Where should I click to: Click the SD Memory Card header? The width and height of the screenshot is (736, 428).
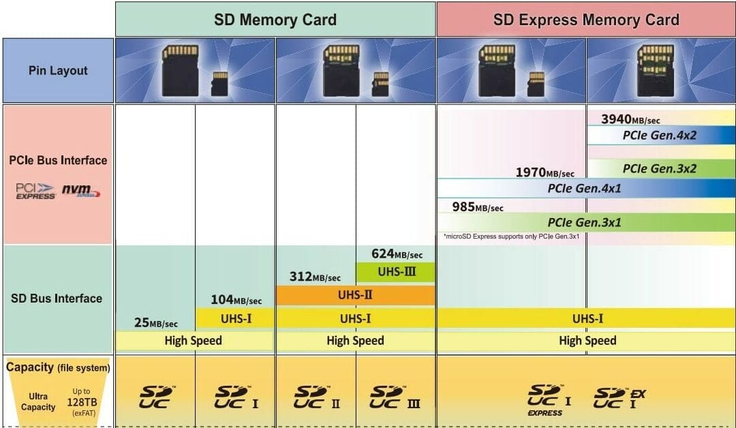(275, 19)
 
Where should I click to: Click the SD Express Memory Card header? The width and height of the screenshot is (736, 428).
(586, 19)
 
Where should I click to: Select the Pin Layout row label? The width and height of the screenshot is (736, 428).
(58, 70)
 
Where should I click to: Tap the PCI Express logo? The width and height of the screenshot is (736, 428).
(35, 192)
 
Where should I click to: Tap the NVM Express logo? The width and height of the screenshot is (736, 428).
(80, 191)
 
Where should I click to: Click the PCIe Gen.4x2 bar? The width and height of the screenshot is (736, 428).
(660, 135)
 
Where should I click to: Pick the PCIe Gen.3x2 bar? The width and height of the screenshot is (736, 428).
(660, 168)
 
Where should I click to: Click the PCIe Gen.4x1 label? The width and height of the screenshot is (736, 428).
(585, 188)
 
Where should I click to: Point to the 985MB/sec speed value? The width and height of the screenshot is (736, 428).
(477, 207)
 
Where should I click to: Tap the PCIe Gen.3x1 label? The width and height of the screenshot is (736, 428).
(585, 222)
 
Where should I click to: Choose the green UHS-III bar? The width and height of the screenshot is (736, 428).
(395, 273)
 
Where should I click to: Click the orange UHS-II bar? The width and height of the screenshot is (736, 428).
(355, 296)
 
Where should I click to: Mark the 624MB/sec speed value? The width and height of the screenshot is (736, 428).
(397, 254)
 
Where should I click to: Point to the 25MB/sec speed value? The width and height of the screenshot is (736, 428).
(155, 323)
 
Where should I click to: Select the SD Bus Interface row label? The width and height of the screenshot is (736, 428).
(57, 298)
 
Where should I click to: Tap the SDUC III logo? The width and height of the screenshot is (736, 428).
(395, 397)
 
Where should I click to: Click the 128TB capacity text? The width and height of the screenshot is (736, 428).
(82, 402)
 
